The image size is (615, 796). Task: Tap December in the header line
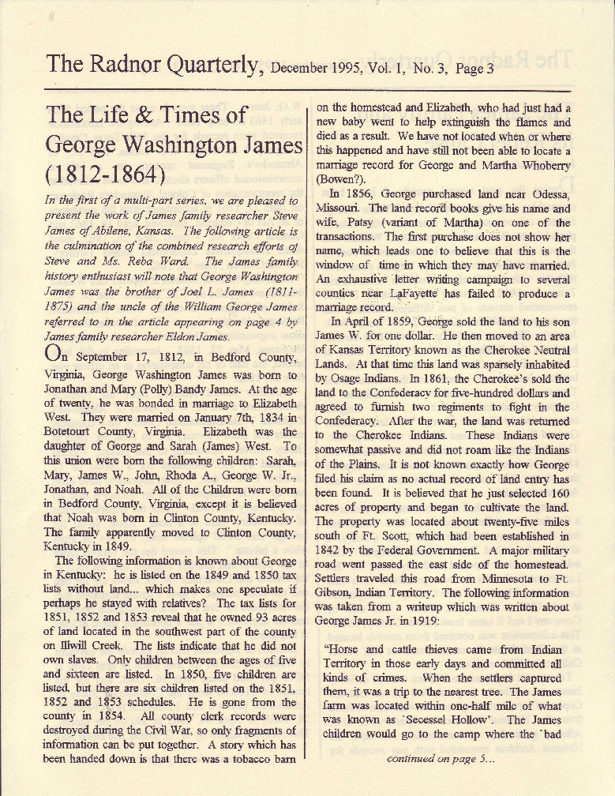pos(307,67)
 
